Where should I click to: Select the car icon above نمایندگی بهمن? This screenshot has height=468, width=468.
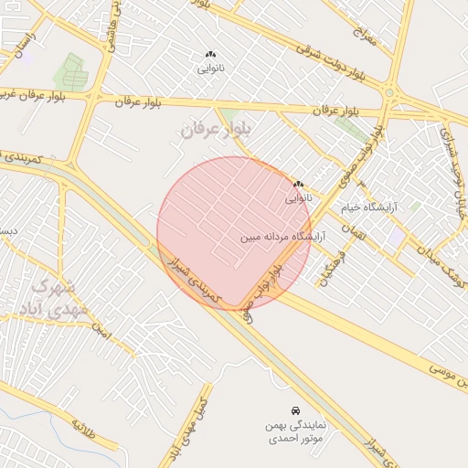coord(294,411)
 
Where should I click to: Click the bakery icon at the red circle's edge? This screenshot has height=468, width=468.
coord(298,185)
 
